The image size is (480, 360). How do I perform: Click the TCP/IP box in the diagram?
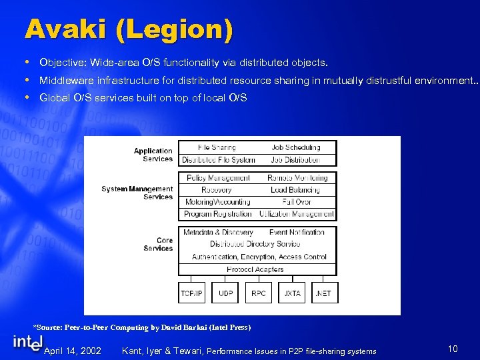[x=192, y=293]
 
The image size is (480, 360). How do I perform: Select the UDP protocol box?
[x=225, y=293]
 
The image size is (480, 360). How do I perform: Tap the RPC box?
[x=258, y=293]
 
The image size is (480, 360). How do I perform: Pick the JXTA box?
[x=291, y=293]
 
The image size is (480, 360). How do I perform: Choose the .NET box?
[x=323, y=293]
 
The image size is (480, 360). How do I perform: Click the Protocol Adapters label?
[x=255, y=269]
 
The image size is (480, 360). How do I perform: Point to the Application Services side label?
[x=153, y=155]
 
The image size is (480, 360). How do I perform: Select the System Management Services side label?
[x=137, y=193]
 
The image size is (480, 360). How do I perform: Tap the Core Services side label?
[x=158, y=244]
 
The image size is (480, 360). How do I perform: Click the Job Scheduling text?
[x=296, y=147]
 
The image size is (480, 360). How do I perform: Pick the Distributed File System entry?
[x=219, y=160]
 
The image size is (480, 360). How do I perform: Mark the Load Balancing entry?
[x=295, y=190]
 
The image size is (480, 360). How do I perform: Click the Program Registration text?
[x=217, y=214]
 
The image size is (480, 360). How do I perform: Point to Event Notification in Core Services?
[x=297, y=232]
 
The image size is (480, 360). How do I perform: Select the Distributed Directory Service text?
[x=255, y=244]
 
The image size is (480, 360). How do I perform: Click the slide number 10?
[x=453, y=349]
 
